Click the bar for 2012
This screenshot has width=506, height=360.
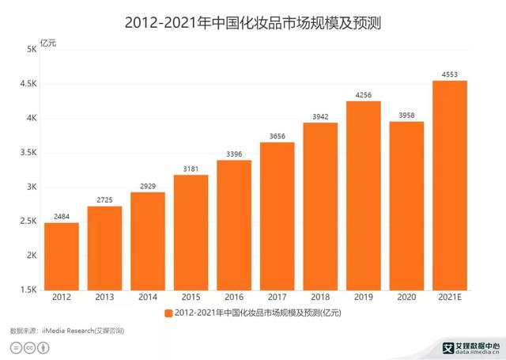coord(62,256)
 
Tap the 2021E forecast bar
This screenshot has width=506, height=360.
coord(449,185)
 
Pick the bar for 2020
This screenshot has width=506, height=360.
coord(406,206)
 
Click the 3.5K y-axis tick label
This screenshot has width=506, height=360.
coord(28,153)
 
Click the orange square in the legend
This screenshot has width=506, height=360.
coord(168,314)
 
